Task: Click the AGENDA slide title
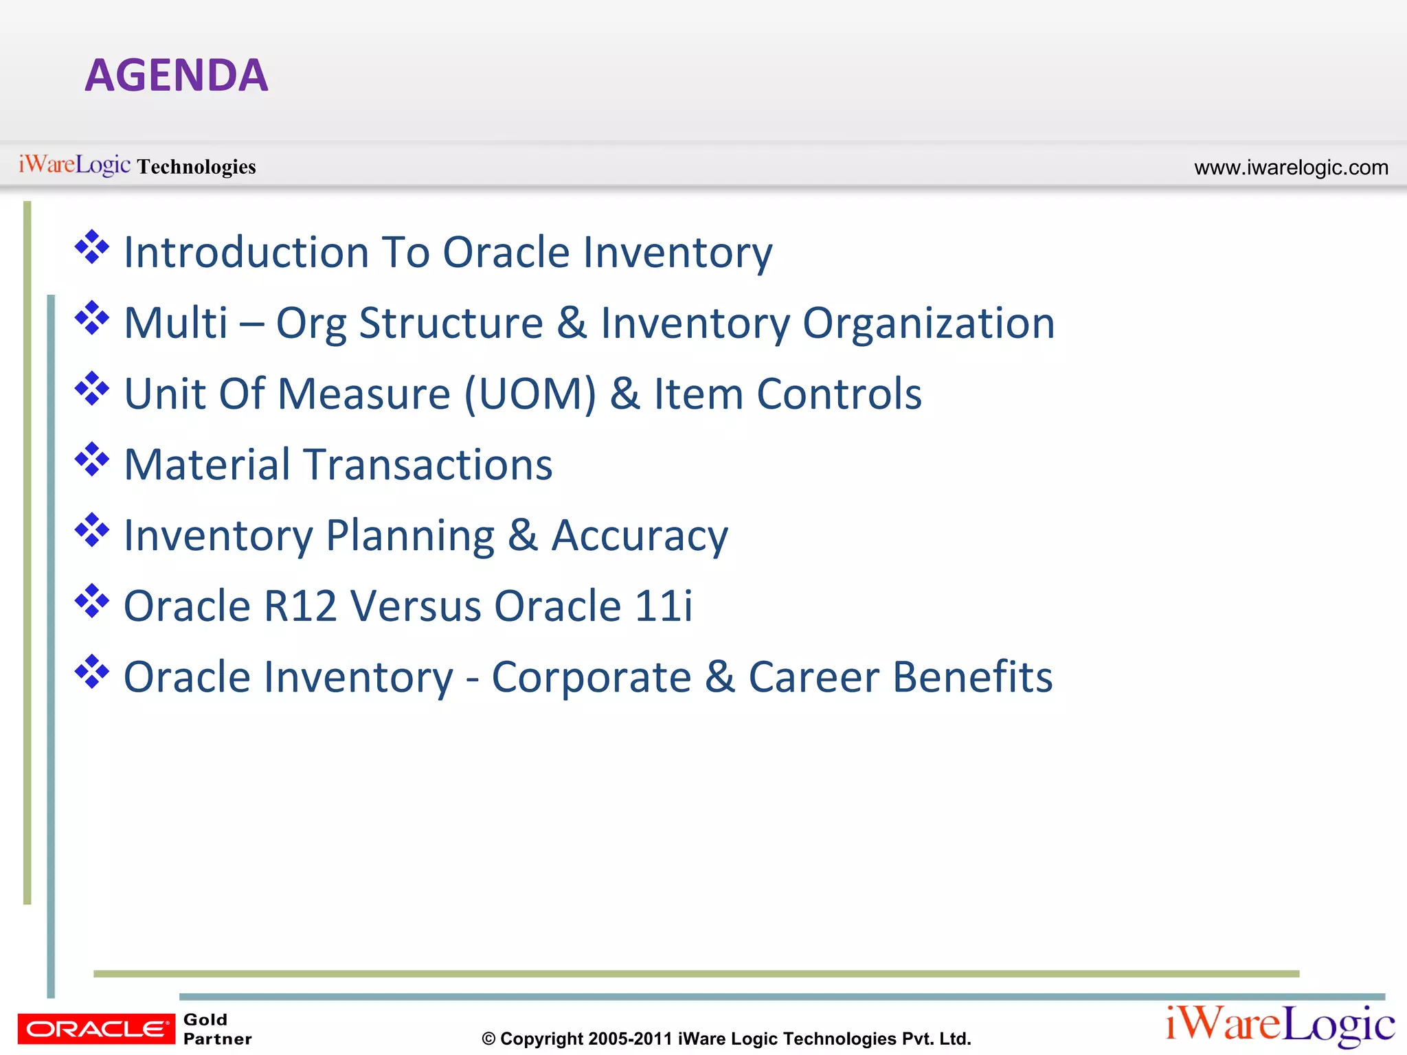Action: (176, 75)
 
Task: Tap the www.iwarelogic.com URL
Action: (1291, 168)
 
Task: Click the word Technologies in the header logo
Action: (196, 167)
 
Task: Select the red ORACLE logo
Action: (96, 1029)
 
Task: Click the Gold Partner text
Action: (217, 1029)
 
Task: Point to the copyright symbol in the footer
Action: (488, 1039)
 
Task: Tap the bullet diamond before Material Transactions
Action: (92, 460)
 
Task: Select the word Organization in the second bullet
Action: (928, 323)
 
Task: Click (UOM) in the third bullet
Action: (530, 394)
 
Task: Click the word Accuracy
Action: (640, 536)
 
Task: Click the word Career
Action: (813, 677)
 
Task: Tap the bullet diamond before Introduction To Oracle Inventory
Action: (92, 247)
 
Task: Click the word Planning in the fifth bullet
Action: (409, 536)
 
